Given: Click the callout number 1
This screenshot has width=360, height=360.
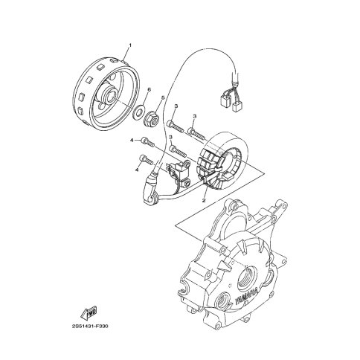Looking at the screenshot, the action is pyautogui.click(x=129, y=45).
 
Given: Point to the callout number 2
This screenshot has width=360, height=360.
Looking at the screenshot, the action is pyautogui.click(x=204, y=200).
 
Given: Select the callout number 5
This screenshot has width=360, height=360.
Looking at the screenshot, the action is pyautogui.click(x=163, y=97).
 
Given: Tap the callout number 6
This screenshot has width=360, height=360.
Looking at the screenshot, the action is pyautogui.click(x=149, y=89).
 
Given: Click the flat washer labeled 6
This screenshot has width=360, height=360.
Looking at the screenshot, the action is pyautogui.click(x=137, y=112).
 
